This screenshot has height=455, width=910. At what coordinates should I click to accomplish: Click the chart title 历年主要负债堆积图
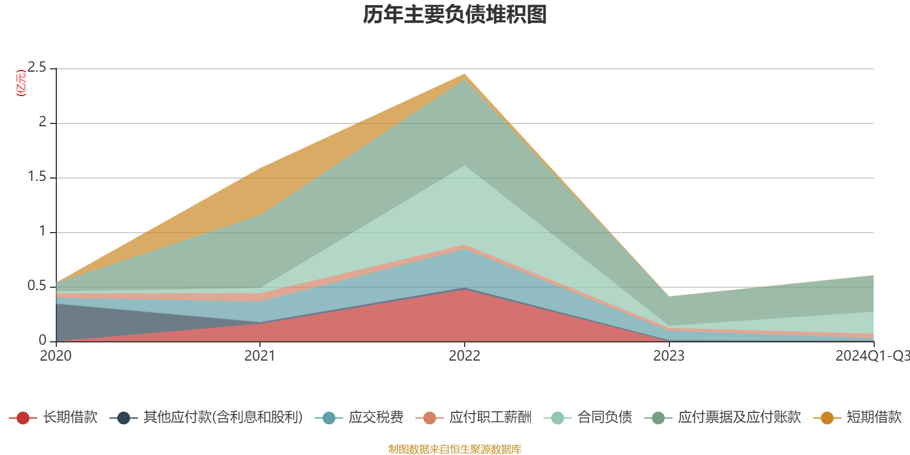pyautogui.click(x=455, y=15)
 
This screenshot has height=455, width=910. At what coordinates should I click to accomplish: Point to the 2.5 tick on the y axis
pyautogui.click(x=37, y=68)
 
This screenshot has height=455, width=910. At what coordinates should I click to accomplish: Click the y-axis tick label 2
pyautogui.click(x=43, y=122)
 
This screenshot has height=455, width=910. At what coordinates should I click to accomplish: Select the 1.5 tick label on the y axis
pyautogui.click(x=37, y=177)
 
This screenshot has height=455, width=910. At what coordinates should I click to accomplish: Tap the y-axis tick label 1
pyautogui.click(x=43, y=231)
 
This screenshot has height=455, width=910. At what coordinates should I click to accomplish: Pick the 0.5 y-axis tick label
pyautogui.click(x=37, y=286)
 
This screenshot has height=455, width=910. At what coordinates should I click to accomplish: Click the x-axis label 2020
pyautogui.click(x=56, y=356)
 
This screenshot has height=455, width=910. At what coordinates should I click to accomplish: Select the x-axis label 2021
pyautogui.click(x=260, y=356)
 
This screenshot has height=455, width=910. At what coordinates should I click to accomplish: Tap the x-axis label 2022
pyautogui.click(x=464, y=356)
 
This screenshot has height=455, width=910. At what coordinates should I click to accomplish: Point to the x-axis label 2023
pyautogui.click(x=669, y=356)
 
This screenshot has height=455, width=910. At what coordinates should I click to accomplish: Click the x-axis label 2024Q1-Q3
pyautogui.click(x=872, y=356)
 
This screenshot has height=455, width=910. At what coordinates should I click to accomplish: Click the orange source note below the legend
pyautogui.click(x=454, y=449)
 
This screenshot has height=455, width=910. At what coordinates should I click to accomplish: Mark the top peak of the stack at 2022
pyautogui.click(x=465, y=75)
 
